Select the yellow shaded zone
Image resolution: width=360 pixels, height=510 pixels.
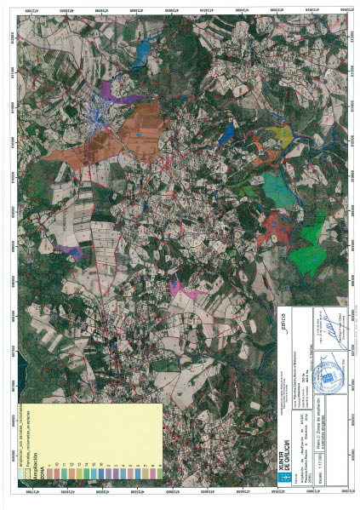[x=278, y=135]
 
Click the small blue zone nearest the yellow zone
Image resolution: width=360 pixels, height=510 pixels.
[x=227, y=132]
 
